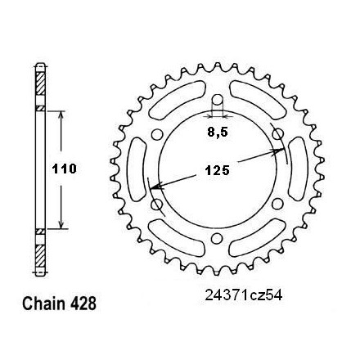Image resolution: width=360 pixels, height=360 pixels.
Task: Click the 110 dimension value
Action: (x=65, y=169)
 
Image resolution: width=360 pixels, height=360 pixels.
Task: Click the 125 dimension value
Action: (x=218, y=171)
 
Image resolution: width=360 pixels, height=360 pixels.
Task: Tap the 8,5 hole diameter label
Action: (x=218, y=133)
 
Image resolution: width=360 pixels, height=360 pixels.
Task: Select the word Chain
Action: (x=43, y=304)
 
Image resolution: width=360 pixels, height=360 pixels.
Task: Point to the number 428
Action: (x=83, y=304)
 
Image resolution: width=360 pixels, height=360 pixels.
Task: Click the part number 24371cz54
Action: (x=244, y=295)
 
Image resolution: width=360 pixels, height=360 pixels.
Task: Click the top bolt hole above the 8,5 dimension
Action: (x=218, y=100)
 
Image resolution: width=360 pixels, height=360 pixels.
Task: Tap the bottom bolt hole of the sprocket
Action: (x=217, y=238)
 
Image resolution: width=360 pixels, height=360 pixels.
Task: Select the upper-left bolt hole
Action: (x=157, y=134)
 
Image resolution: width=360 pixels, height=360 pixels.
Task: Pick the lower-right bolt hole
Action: (x=277, y=204)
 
